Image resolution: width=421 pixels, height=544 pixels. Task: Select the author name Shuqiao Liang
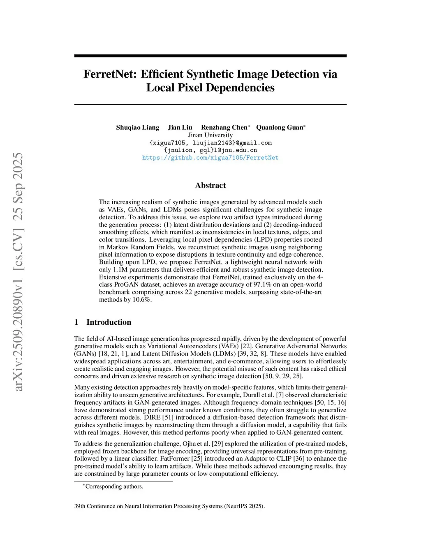coord(137,127)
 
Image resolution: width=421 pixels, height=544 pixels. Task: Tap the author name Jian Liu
coord(180,127)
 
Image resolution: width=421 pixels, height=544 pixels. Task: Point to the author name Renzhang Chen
coord(224,127)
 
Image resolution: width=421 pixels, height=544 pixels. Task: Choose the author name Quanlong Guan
coord(280,127)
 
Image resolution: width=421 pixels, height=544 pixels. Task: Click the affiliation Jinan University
coord(210,135)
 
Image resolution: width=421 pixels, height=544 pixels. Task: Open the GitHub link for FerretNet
coord(210,158)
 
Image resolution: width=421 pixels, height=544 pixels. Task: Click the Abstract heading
coord(210,185)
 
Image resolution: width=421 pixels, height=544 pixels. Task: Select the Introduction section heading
coord(109,322)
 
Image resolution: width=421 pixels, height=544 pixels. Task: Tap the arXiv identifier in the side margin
coord(18,272)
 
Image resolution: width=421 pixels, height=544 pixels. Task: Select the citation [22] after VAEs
coord(246,346)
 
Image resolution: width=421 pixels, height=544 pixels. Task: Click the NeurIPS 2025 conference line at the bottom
coord(169,506)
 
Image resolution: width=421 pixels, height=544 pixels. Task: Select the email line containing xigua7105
coord(210,143)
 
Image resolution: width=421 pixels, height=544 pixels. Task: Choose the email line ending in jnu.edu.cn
coord(210,150)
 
